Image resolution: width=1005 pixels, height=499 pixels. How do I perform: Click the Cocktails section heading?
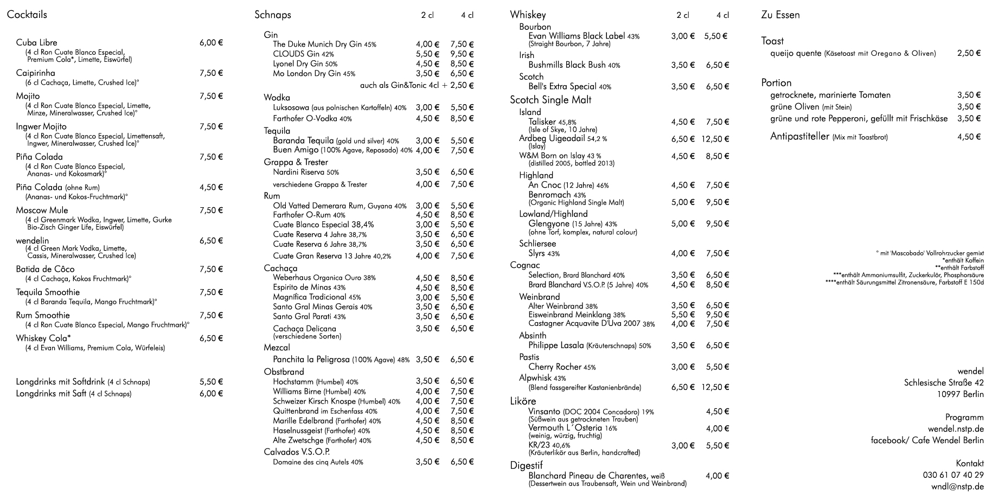[x=27, y=15]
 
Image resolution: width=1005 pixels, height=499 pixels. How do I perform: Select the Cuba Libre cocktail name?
[x=36, y=43]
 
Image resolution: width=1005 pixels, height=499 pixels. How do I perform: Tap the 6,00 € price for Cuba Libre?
[x=211, y=43]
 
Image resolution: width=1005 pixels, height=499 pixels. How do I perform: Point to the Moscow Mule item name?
[x=42, y=210]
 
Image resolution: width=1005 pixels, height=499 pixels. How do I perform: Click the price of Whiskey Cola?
[x=211, y=338]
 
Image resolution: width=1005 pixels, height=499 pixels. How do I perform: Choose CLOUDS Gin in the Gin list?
[x=296, y=54]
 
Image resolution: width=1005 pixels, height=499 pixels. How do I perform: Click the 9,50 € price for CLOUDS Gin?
[x=462, y=54]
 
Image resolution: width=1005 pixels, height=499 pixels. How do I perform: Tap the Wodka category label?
[x=277, y=98]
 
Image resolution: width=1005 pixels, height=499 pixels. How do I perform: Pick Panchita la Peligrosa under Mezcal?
[x=311, y=360]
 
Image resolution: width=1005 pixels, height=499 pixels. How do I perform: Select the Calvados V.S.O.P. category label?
[x=297, y=452]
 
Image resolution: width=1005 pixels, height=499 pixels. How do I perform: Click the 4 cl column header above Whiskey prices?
[x=722, y=16]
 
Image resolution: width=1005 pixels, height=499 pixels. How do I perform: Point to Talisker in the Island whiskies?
[x=542, y=122]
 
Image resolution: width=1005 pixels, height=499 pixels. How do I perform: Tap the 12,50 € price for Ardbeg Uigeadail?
[x=715, y=139]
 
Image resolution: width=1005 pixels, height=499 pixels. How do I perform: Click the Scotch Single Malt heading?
[x=550, y=100]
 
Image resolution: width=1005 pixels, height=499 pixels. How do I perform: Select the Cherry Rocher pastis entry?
[x=555, y=367]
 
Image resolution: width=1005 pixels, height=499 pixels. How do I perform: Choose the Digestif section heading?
[x=526, y=465]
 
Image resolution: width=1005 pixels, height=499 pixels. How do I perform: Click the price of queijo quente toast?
[x=969, y=53]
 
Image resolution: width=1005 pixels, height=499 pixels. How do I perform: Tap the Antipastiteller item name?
[x=799, y=137]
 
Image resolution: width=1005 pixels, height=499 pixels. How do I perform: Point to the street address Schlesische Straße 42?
[x=943, y=383]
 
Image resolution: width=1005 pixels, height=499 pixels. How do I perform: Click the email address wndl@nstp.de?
[x=957, y=487]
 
